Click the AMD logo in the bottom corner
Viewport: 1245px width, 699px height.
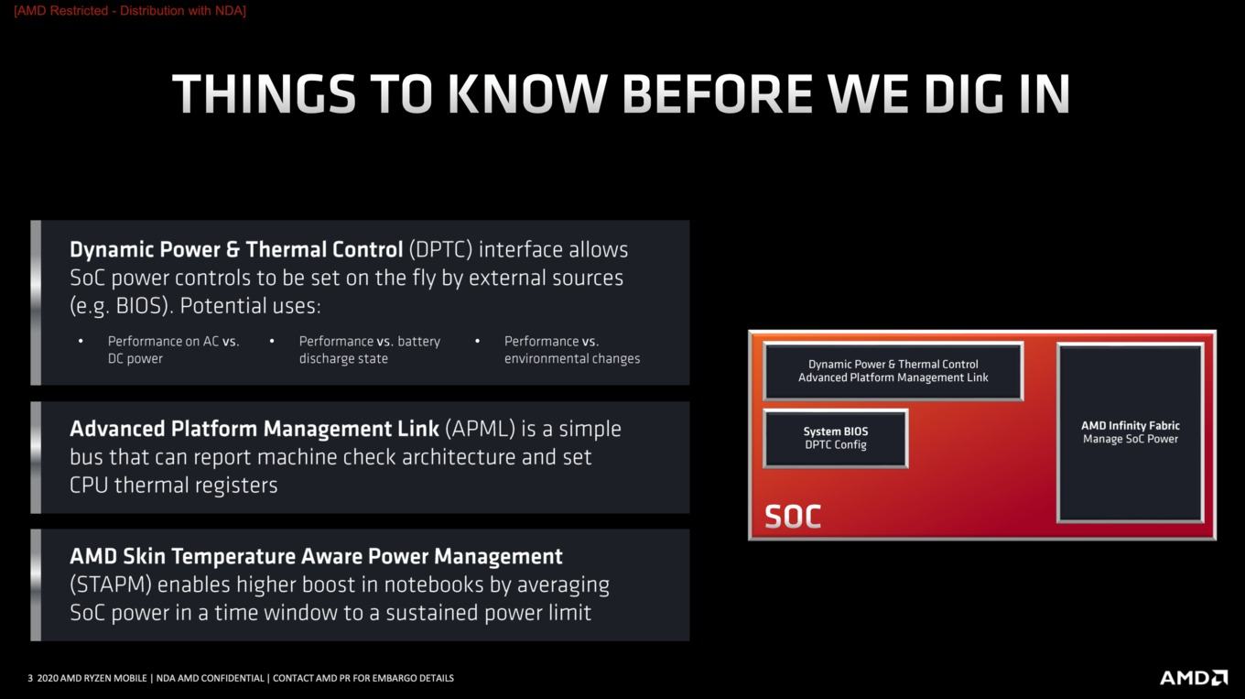coord(1194,678)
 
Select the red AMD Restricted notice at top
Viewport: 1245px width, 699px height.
coord(130,11)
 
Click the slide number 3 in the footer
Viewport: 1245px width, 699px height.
coord(30,679)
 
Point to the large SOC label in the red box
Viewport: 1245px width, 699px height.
coord(793,517)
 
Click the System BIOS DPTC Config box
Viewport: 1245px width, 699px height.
coord(836,438)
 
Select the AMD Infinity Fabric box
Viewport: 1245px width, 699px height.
coord(1131,432)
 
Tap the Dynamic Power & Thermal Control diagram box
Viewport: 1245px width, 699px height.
coord(893,371)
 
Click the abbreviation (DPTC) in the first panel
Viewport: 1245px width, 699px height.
coord(440,250)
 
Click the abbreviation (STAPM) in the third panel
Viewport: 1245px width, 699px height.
coord(111,585)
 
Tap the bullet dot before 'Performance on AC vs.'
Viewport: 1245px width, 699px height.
coord(81,342)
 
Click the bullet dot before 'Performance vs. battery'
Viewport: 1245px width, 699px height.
coord(272,342)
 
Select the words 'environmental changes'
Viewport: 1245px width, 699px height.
coord(572,359)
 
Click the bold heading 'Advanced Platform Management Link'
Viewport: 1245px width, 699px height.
coord(254,429)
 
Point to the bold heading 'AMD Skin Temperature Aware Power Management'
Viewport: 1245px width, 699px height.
coord(316,557)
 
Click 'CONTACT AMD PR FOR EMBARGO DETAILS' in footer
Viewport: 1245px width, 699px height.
coord(363,679)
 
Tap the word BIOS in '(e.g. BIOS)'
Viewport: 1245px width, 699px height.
coord(139,306)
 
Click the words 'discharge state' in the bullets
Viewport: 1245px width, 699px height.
coord(343,359)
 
